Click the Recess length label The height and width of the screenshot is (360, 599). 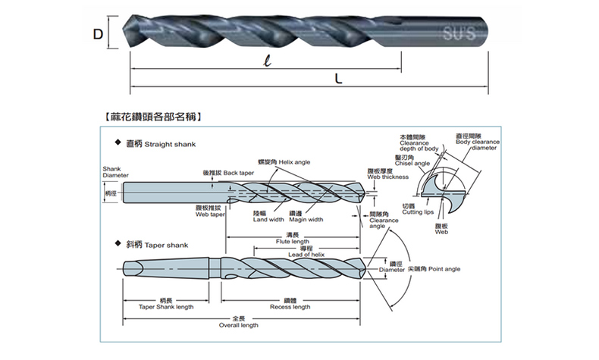291,307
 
